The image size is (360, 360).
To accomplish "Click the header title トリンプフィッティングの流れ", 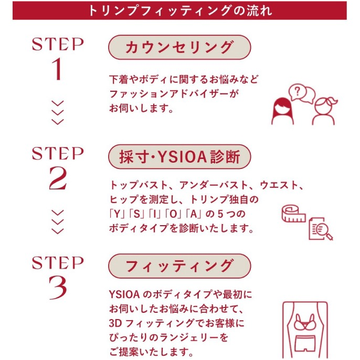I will click(180, 10).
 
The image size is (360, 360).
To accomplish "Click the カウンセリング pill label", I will click(179, 47).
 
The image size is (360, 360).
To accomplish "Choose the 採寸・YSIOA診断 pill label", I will click(179, 157).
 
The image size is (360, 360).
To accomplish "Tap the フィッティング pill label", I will click(179, 266).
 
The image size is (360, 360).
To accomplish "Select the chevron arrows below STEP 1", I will click(58, 112).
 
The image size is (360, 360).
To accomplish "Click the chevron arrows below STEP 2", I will click(58, 221).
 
